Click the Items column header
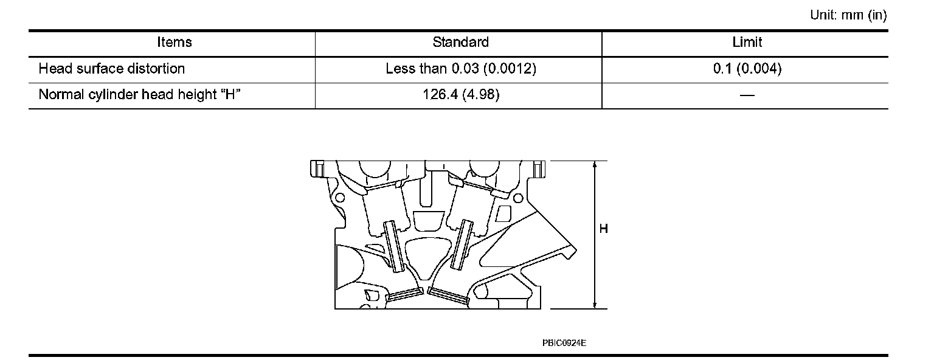pyautogui.click(x=175, y=42)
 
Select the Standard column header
pyautogui.click(x=460, y=42)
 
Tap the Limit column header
pyautogui.click(x=747, y=42)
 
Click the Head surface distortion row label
pyautogui.click(x=112, y=69)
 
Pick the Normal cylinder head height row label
pyautogui.click(x=140, y=95)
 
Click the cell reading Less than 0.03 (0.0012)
pyautogui.click(x=461, y=69)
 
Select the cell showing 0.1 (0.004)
pyautogui.click(x=747, y=69)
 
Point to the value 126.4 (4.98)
pyautogui.click(x=461, y=95)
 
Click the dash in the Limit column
pyautogui.click(x=747, y=95)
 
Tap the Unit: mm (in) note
pyautogui.click(x=848, y=15)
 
